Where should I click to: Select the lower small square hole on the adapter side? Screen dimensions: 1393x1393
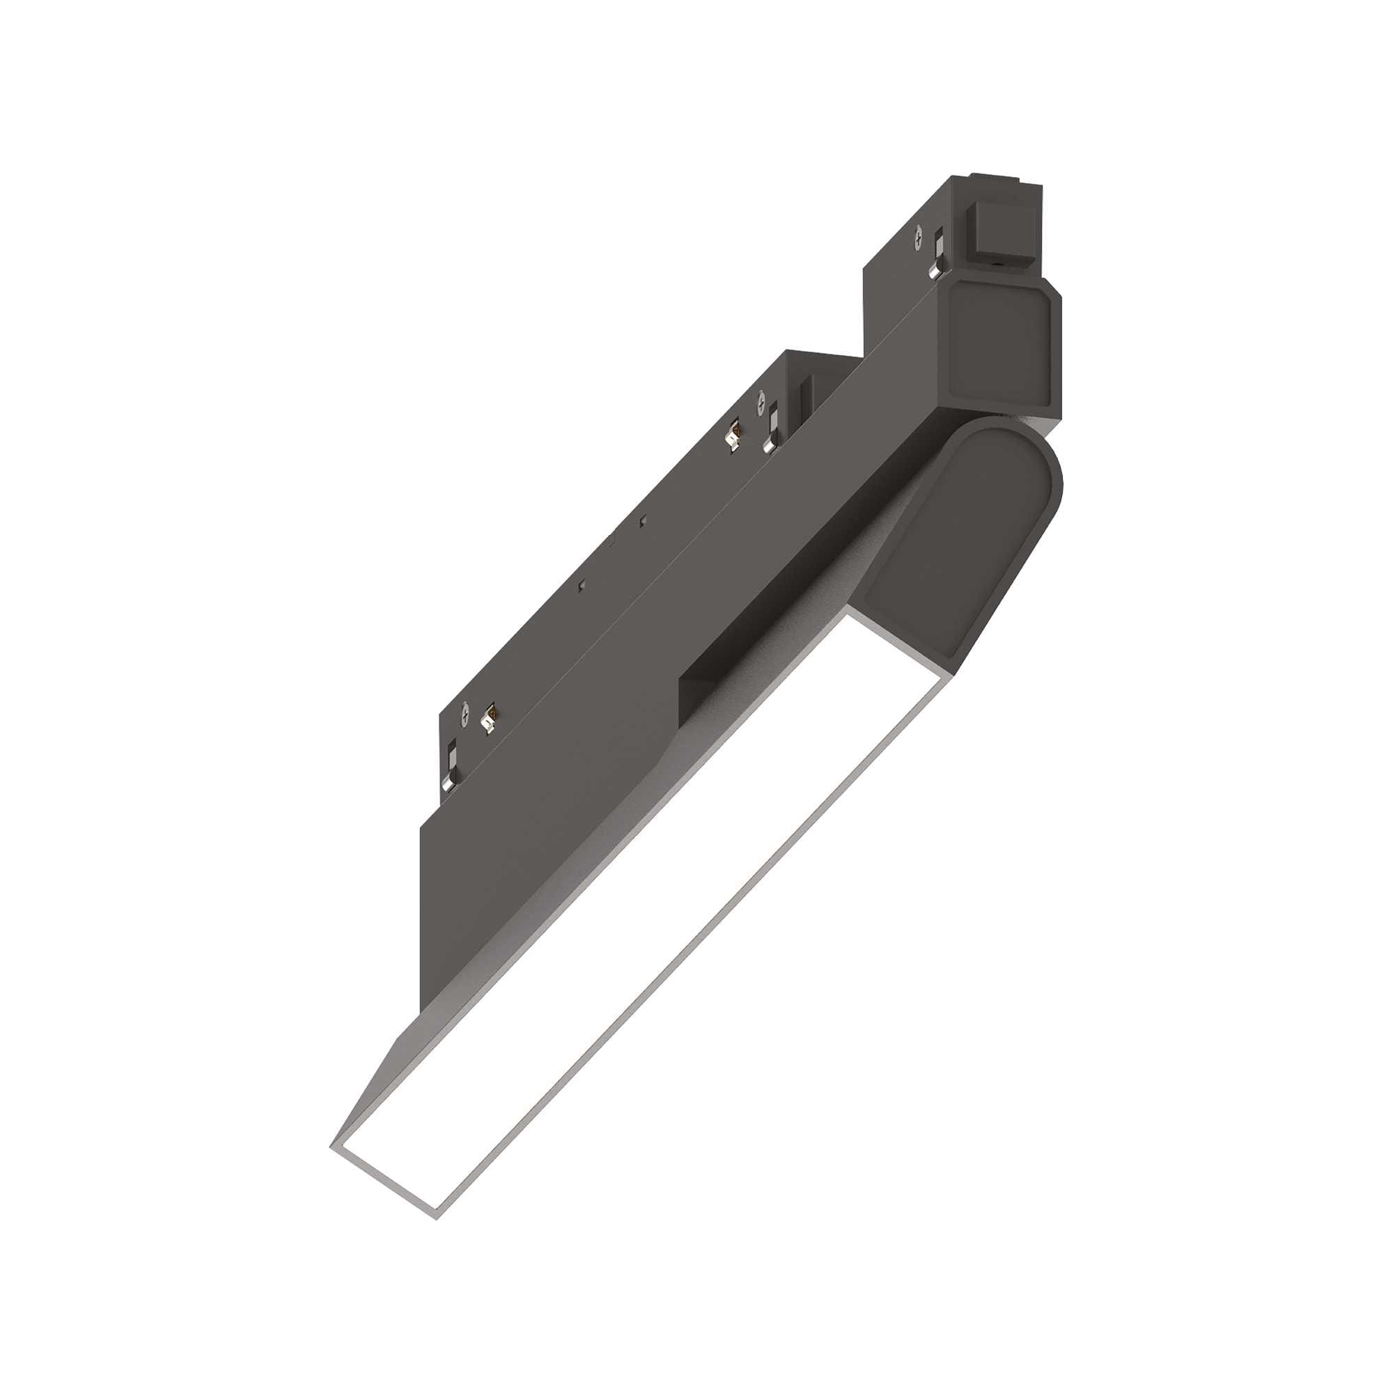pos(582,586)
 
